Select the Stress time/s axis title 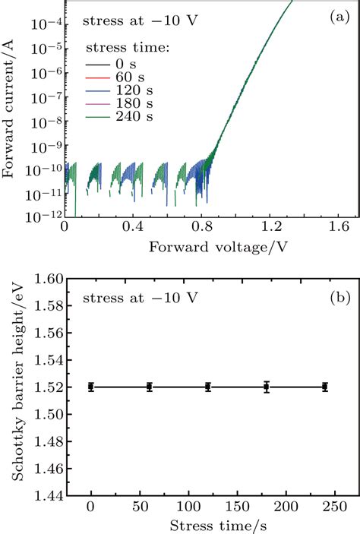tap(210, 524)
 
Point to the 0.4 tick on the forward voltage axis tap(133, 227)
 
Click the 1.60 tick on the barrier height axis tap(43, 280)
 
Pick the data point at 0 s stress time tap(91, 387)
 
